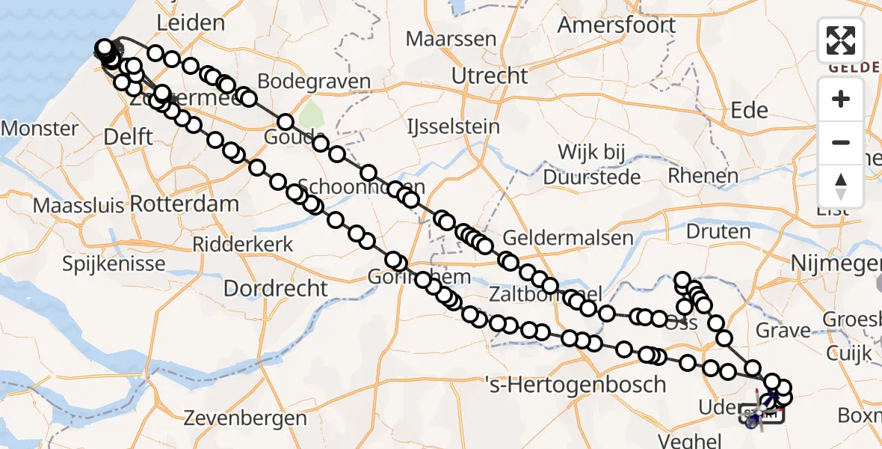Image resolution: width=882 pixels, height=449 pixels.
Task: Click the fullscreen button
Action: [x=841, y=40]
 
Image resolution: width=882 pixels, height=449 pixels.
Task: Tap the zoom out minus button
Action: [x=841, y=142]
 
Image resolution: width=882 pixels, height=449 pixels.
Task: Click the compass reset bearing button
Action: [x=841, y=186]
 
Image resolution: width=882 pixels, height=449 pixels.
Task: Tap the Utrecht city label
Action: [x=490, y=75]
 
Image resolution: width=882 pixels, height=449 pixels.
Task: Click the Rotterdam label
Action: [x=185, y=204]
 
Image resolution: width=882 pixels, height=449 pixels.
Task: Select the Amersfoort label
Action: [x=617, y=25]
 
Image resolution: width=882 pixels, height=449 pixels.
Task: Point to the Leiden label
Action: [x=191, y=22]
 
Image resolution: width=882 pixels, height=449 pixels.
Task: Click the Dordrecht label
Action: [x=275, y=288]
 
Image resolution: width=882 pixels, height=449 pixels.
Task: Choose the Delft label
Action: [x=129, y=137]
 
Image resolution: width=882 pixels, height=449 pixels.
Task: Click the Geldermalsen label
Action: [x=567, y=238]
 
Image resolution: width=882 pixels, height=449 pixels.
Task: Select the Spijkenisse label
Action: [x=114, y=263]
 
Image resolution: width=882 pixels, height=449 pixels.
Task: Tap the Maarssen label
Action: [x=451, y=39]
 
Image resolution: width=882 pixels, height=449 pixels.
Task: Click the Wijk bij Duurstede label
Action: [x=591, y=165]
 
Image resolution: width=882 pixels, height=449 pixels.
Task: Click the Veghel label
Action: [x=690, y=440]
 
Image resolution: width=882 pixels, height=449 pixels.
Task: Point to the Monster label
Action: [x=39, y=128]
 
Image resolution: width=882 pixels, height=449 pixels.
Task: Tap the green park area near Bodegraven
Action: [x=308, y=115]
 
